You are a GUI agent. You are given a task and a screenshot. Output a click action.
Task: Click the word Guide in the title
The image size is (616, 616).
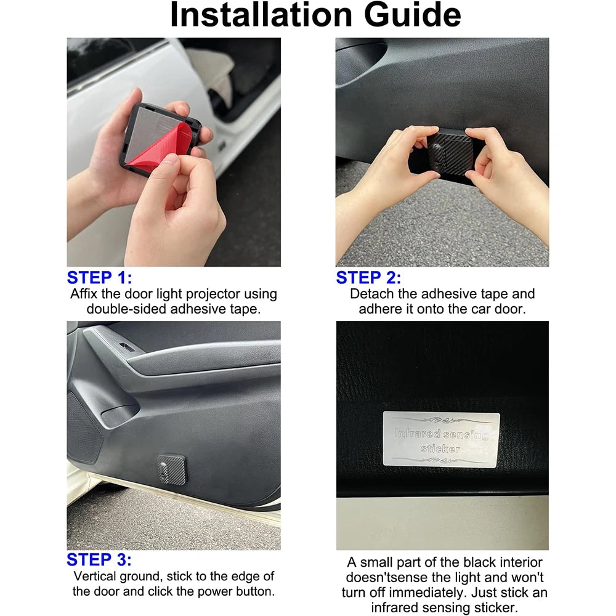pyautogui.click(x=412, y=15)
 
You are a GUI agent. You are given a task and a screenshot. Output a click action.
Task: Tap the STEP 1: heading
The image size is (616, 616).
pyautogui.click(x=99, y=277)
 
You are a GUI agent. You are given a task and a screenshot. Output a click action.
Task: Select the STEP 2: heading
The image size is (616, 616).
pyautogui.click(x=368, y=277)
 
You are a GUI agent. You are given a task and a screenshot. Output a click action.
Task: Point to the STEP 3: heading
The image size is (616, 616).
pyautogui.click(x=99, y=559)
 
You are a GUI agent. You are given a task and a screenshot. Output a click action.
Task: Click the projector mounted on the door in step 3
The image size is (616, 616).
pyautogui.click(x=171, y=469)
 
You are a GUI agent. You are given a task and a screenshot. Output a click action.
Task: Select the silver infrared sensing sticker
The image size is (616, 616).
pyautogui.click(x=441, y=440)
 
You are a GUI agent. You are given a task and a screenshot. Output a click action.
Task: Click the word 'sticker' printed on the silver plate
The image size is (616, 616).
pyautogui.click(x=440, y=448)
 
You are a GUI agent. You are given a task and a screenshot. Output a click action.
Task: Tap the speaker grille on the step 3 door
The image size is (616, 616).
pyautogui.click(x=83, y=426)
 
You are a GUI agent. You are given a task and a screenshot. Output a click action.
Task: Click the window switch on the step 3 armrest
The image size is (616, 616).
pyautogui.click(x=126, y=347)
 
